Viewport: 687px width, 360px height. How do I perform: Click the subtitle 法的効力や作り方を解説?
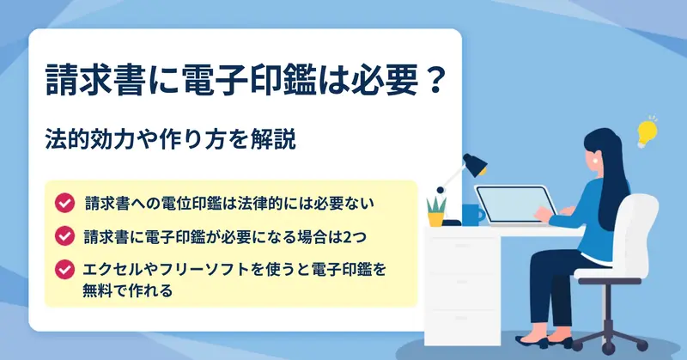tap(171, 140)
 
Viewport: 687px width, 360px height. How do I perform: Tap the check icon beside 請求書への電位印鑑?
tap(65, 203)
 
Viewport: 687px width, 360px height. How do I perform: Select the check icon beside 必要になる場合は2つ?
tap(65, 236)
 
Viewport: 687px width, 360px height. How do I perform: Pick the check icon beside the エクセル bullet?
tap(65, 269)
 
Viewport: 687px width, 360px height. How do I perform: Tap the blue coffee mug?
tap(473, 215)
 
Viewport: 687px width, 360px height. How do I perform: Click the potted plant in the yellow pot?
tap(436, 211)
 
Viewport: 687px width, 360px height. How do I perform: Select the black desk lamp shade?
tap(475, 164)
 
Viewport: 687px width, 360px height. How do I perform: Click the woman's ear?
tap(596, 160)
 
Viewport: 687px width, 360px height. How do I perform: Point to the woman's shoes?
tap(544, 341)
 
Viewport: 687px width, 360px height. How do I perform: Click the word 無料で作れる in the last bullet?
tap(127, 290)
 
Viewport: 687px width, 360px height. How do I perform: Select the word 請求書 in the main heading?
tap(95, 80)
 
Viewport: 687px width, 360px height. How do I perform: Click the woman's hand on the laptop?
tap(544, 214)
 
